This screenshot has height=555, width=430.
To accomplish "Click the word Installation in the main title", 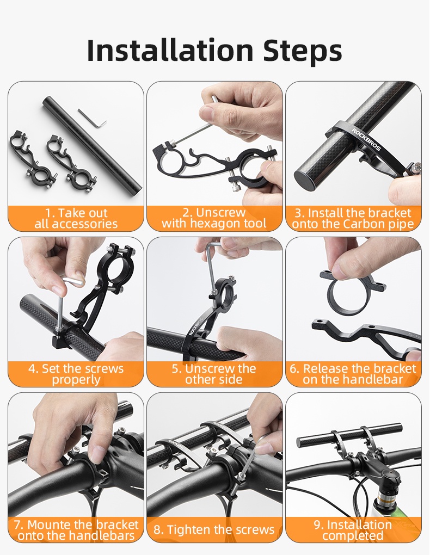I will click(x=170, y=50).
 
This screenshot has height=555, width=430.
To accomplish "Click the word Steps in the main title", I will click(x=303, y=50).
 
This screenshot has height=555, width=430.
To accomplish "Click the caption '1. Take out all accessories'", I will click(x=76, y=218).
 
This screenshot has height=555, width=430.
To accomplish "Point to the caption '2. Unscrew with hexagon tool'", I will click(x=214, y=218).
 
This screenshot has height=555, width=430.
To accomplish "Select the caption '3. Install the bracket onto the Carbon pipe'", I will click(x=353, y=218).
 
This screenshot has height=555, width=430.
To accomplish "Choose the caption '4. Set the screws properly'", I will click(x=76, y=374).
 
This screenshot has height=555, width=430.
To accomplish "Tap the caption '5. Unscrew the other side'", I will click(x=214, y=374).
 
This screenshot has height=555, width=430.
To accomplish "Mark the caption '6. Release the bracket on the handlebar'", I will click(x=353, y=374).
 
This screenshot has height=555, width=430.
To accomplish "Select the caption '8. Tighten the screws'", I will click(x=214, y=529).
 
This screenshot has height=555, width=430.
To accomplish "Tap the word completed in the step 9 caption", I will click(x=353, y=535).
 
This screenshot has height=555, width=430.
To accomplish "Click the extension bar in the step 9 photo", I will click(x=348, y=435).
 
